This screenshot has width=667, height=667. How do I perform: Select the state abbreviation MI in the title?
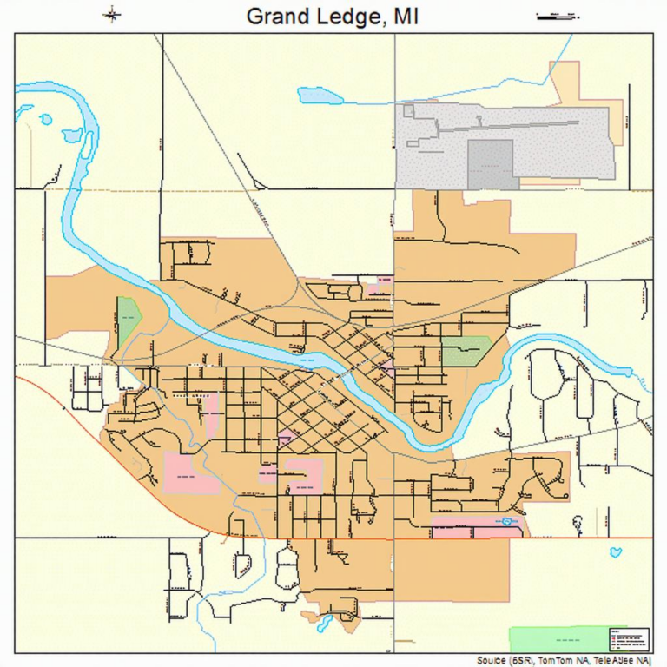(x=405, y=16)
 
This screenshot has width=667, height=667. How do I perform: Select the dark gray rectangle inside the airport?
(x=491, y=163)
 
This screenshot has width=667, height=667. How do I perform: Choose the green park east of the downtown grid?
(x=465, y=351)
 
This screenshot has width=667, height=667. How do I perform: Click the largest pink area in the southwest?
(x=191, y=473)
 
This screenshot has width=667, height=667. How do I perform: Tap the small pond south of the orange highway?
(x=616, y=552)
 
